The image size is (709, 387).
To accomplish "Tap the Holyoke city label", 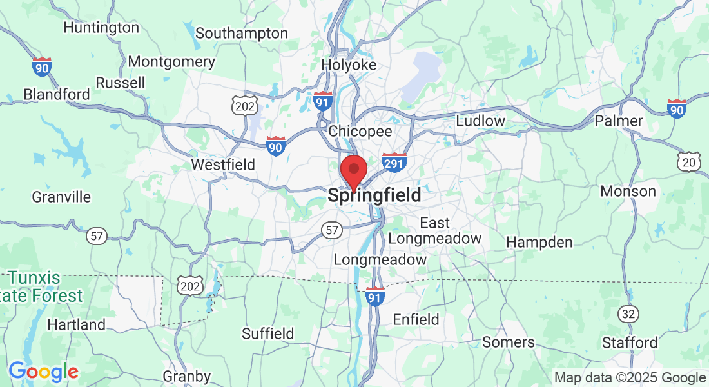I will [x=349, y=65].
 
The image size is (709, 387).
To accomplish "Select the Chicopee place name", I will [x=360, y=131].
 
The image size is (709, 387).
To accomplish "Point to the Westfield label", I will [x=223, y=165].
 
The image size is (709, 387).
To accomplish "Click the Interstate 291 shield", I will [x=393, y=162].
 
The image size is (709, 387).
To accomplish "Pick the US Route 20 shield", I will [x=688, y=162].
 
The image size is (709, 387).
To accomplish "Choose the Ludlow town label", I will [x=480, y=121].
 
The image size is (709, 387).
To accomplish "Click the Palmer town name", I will [x=619, y=121].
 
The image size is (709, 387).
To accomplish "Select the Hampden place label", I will [x=539, y=243].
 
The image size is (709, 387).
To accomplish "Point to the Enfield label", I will [x=416, y=319].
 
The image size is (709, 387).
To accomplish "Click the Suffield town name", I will [x=267, y=333].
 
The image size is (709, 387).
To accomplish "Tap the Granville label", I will [x=61, y=197].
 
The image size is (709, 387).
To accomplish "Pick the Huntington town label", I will [x=101, y=28].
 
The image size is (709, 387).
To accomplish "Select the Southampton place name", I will [x=242, y=33].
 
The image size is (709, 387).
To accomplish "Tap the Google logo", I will [x=43, y=372].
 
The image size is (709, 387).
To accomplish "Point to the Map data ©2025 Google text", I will [x=630, y=378].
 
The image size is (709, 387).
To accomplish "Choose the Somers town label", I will [x=509, y=342].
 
